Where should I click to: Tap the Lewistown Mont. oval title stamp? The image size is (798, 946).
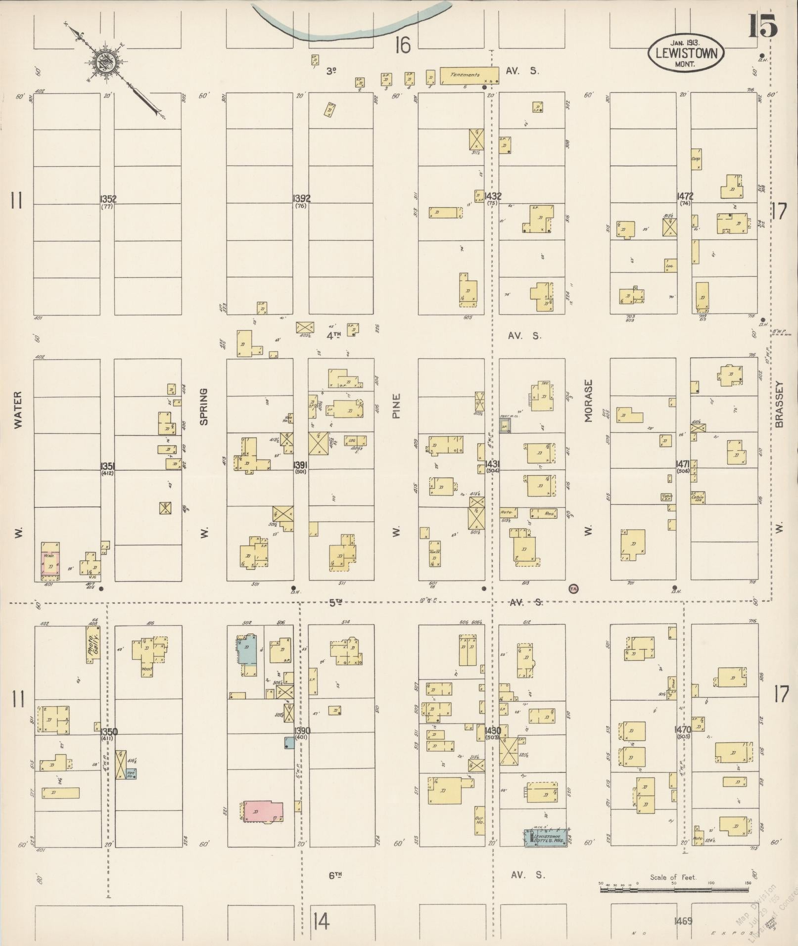pos(685,53)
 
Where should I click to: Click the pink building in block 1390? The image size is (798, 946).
pos(263,812)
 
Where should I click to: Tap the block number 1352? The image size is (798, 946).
pos(108,199)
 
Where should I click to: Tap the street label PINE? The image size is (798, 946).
pos(396,406)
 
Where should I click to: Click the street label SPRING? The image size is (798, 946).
pos(204,406)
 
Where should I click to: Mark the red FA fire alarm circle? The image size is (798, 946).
pos(573,588)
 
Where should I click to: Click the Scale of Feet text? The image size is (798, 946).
pos(673,877)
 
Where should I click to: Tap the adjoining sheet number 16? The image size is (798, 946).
pos(403,46)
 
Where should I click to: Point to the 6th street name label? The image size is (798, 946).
pos(335,875)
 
